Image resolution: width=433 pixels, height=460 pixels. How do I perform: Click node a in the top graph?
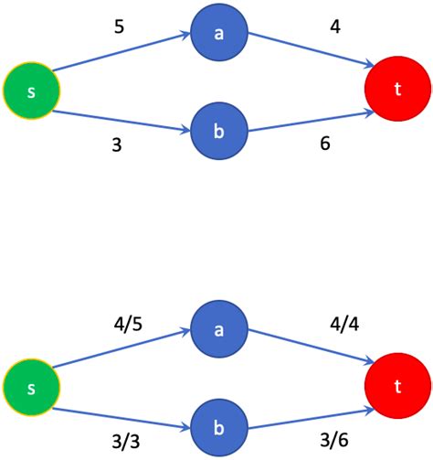(x=219, y=35)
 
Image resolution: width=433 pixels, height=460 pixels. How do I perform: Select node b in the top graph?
(x=219, y=130)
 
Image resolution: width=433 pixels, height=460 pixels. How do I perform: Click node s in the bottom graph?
(x=32, y=389)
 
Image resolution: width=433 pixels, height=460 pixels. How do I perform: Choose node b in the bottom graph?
(x=219, y=428)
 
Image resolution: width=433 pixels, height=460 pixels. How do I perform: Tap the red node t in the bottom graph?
(x=397, y=388)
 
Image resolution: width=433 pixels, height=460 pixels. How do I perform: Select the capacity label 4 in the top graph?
(x=334, y=27)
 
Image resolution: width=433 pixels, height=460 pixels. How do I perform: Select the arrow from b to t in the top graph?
(x=311, y=122)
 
